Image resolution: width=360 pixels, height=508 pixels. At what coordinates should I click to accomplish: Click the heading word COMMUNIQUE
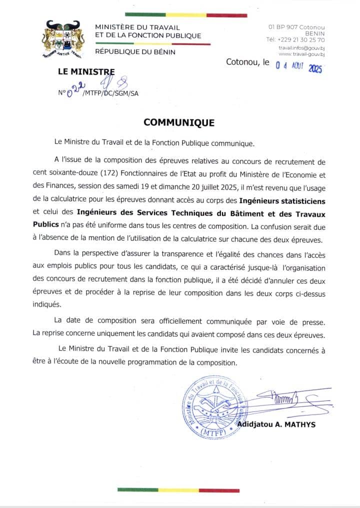[x=179, y=122]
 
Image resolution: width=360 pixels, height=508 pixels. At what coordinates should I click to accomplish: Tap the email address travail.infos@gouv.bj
[x=302, y=47]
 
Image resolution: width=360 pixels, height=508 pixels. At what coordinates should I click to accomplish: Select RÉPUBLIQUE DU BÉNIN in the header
[x=135, y=51]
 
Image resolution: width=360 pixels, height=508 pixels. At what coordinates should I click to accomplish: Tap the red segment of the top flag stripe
[x=226, y=15]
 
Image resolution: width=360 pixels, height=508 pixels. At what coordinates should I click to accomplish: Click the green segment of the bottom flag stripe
[x=141, y=490]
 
